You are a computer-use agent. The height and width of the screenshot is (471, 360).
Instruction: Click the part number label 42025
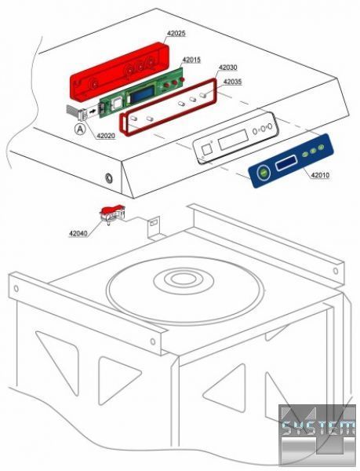176,33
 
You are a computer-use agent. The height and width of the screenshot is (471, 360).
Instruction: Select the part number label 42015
191,60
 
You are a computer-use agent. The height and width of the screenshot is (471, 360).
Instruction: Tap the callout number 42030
227,68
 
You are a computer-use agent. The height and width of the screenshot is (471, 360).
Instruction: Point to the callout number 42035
232,82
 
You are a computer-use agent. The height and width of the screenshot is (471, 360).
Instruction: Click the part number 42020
106,136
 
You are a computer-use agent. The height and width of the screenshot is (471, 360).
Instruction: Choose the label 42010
320,175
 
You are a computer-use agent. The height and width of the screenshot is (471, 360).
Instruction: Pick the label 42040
78,233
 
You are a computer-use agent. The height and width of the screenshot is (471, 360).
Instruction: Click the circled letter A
79,130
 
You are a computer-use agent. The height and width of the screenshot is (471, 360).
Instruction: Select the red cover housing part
119,71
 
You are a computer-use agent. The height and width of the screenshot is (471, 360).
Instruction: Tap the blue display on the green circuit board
142,93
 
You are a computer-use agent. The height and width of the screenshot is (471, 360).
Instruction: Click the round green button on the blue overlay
264,173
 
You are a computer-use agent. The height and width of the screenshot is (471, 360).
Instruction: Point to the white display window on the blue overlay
287,163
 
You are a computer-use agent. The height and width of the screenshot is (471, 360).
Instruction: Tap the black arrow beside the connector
94,111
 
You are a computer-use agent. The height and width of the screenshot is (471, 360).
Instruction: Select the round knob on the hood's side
109,179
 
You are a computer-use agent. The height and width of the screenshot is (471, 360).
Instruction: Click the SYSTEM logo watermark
318,429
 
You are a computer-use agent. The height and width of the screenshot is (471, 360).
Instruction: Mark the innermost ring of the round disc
183,278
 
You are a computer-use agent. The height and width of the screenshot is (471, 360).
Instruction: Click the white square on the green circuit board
116,104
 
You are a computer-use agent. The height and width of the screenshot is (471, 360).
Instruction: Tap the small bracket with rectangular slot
155,228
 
